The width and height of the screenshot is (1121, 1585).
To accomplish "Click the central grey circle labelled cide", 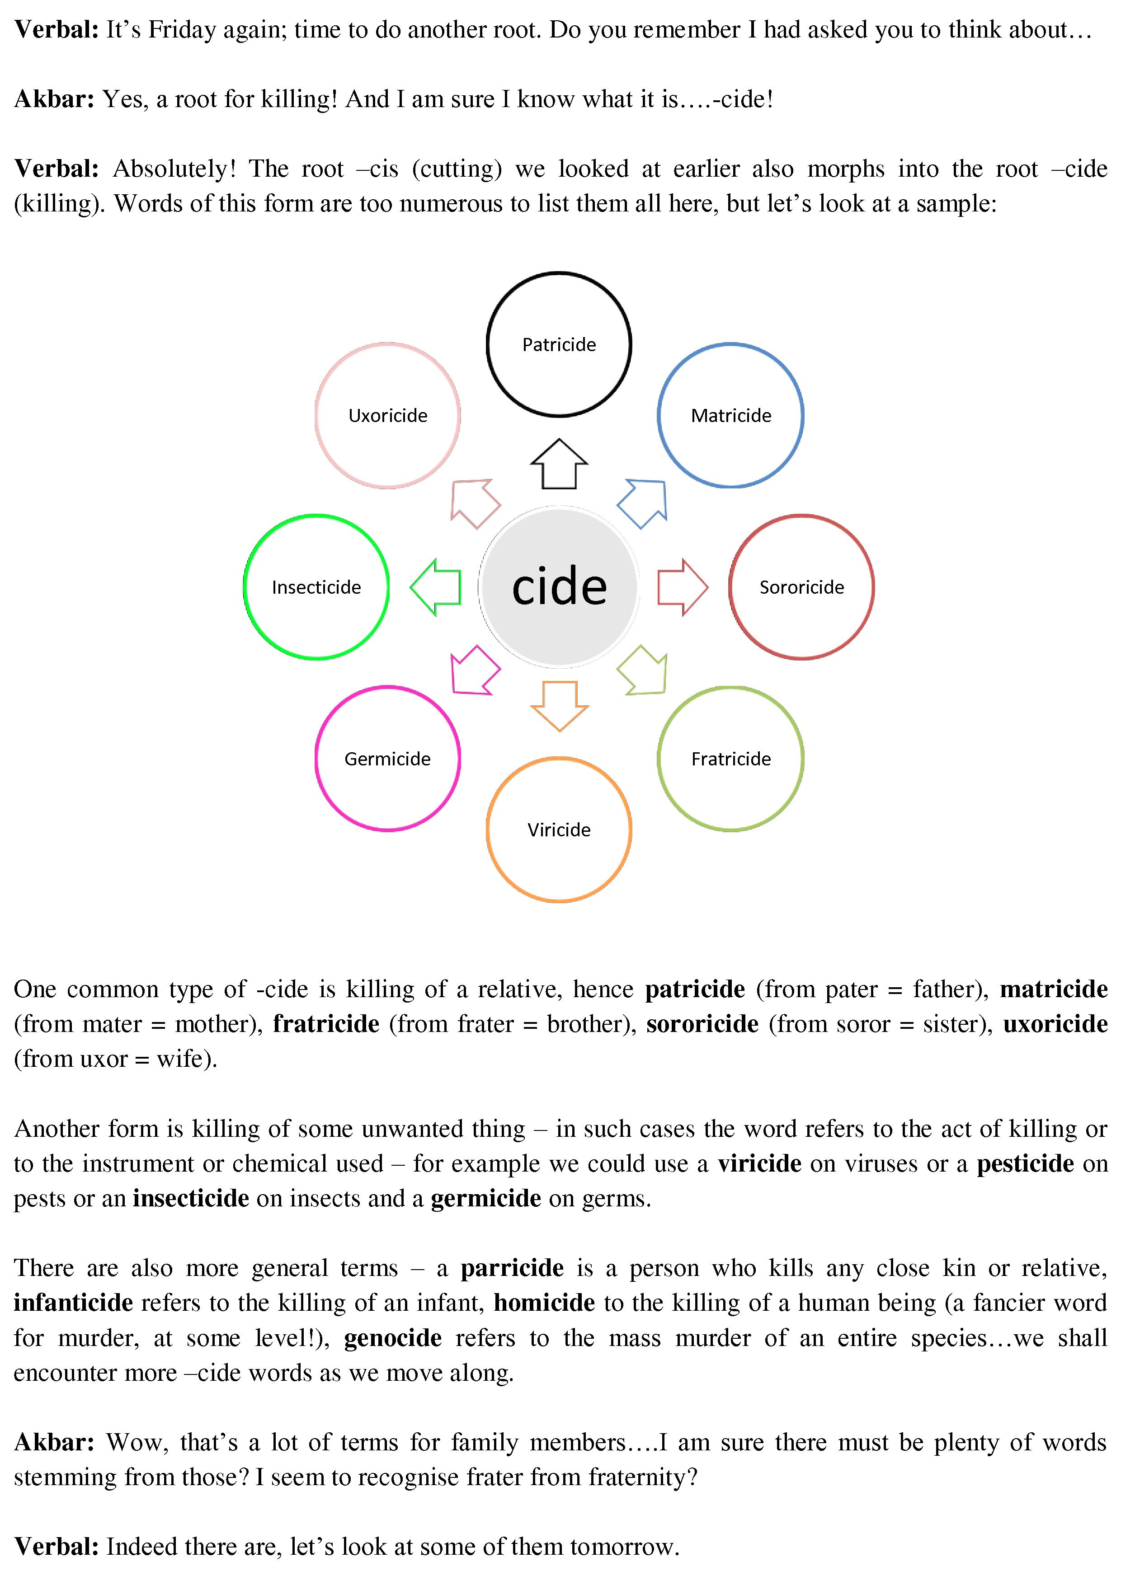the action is (x=559, y=587).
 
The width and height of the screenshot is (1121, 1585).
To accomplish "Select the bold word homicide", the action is (x=544, y=1303).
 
